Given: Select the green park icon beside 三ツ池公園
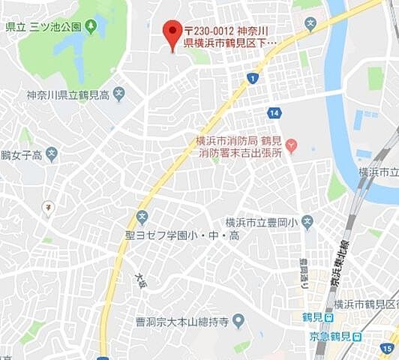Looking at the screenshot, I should point(91,27).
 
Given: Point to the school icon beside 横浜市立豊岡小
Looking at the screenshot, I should point(308,222).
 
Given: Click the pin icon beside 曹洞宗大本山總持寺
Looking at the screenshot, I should point(238,322).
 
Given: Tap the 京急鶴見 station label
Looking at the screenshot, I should point(329,336).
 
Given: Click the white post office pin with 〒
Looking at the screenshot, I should point(47,206).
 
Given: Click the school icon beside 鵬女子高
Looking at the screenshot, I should point(51,155).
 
